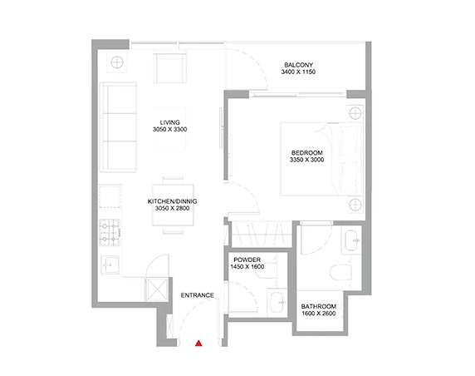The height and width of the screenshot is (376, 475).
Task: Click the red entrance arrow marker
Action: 198,344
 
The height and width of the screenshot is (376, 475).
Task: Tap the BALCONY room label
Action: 298,65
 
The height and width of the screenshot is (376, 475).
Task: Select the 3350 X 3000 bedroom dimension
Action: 307,160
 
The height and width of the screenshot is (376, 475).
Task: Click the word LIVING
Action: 170,122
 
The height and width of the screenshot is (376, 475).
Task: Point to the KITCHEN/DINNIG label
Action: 173,201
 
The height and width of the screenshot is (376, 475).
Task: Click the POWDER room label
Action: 247,260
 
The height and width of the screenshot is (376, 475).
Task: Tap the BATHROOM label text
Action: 318,306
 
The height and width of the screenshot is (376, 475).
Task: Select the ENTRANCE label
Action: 197,295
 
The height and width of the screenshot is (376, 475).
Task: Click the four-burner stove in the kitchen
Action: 110,232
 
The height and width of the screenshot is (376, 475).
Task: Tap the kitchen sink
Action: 110,265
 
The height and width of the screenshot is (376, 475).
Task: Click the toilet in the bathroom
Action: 340,272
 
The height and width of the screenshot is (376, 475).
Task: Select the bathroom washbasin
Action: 352,240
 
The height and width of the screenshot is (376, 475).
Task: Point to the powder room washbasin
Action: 277,303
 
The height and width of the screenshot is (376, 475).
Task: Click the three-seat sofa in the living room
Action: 118,127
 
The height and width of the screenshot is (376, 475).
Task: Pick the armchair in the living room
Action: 169,67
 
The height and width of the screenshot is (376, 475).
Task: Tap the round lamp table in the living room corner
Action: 117,62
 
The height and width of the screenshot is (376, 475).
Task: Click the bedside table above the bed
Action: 355,114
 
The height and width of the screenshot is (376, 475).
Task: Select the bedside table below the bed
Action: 355,205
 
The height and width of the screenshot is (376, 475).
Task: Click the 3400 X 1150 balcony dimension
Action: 298,72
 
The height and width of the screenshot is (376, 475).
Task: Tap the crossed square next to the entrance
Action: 157,289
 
